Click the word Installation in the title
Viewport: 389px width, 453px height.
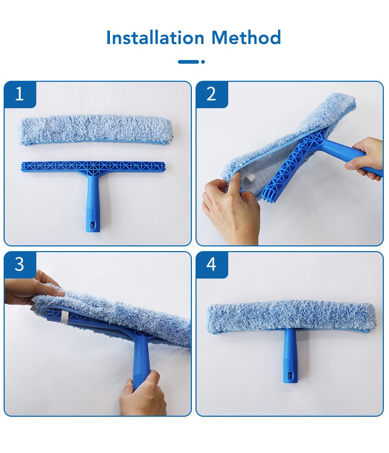click(155, 38)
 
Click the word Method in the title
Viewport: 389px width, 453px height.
click(246, 38)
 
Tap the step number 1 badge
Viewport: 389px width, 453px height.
click(20, 94)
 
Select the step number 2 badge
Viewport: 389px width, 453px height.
click(212, 94)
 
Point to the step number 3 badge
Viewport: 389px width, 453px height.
click(20, 265)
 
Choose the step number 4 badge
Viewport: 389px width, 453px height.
click(212, 265)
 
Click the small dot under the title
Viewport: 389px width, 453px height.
click(203, 62)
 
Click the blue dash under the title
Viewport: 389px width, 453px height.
click(188, 62)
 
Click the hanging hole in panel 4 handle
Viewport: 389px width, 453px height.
click(290, 375)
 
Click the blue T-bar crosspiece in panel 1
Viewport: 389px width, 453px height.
click(93, 167)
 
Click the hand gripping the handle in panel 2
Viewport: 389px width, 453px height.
click(365, 157)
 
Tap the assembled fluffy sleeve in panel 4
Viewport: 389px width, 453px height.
click(291, 317)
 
